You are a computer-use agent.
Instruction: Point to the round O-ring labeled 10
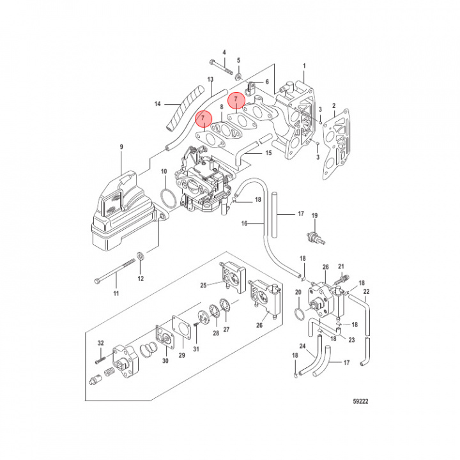(x=168, y=198)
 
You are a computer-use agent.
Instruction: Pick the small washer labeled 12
(x=141, y=256)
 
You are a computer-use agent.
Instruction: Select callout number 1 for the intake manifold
(x=305, y=66)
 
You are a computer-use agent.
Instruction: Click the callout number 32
(x=100, y=344)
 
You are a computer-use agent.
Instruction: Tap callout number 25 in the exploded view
(x=203, y=284)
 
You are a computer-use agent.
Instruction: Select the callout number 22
(x=367, y=292)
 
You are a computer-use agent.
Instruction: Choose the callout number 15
(x=268, y=153)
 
